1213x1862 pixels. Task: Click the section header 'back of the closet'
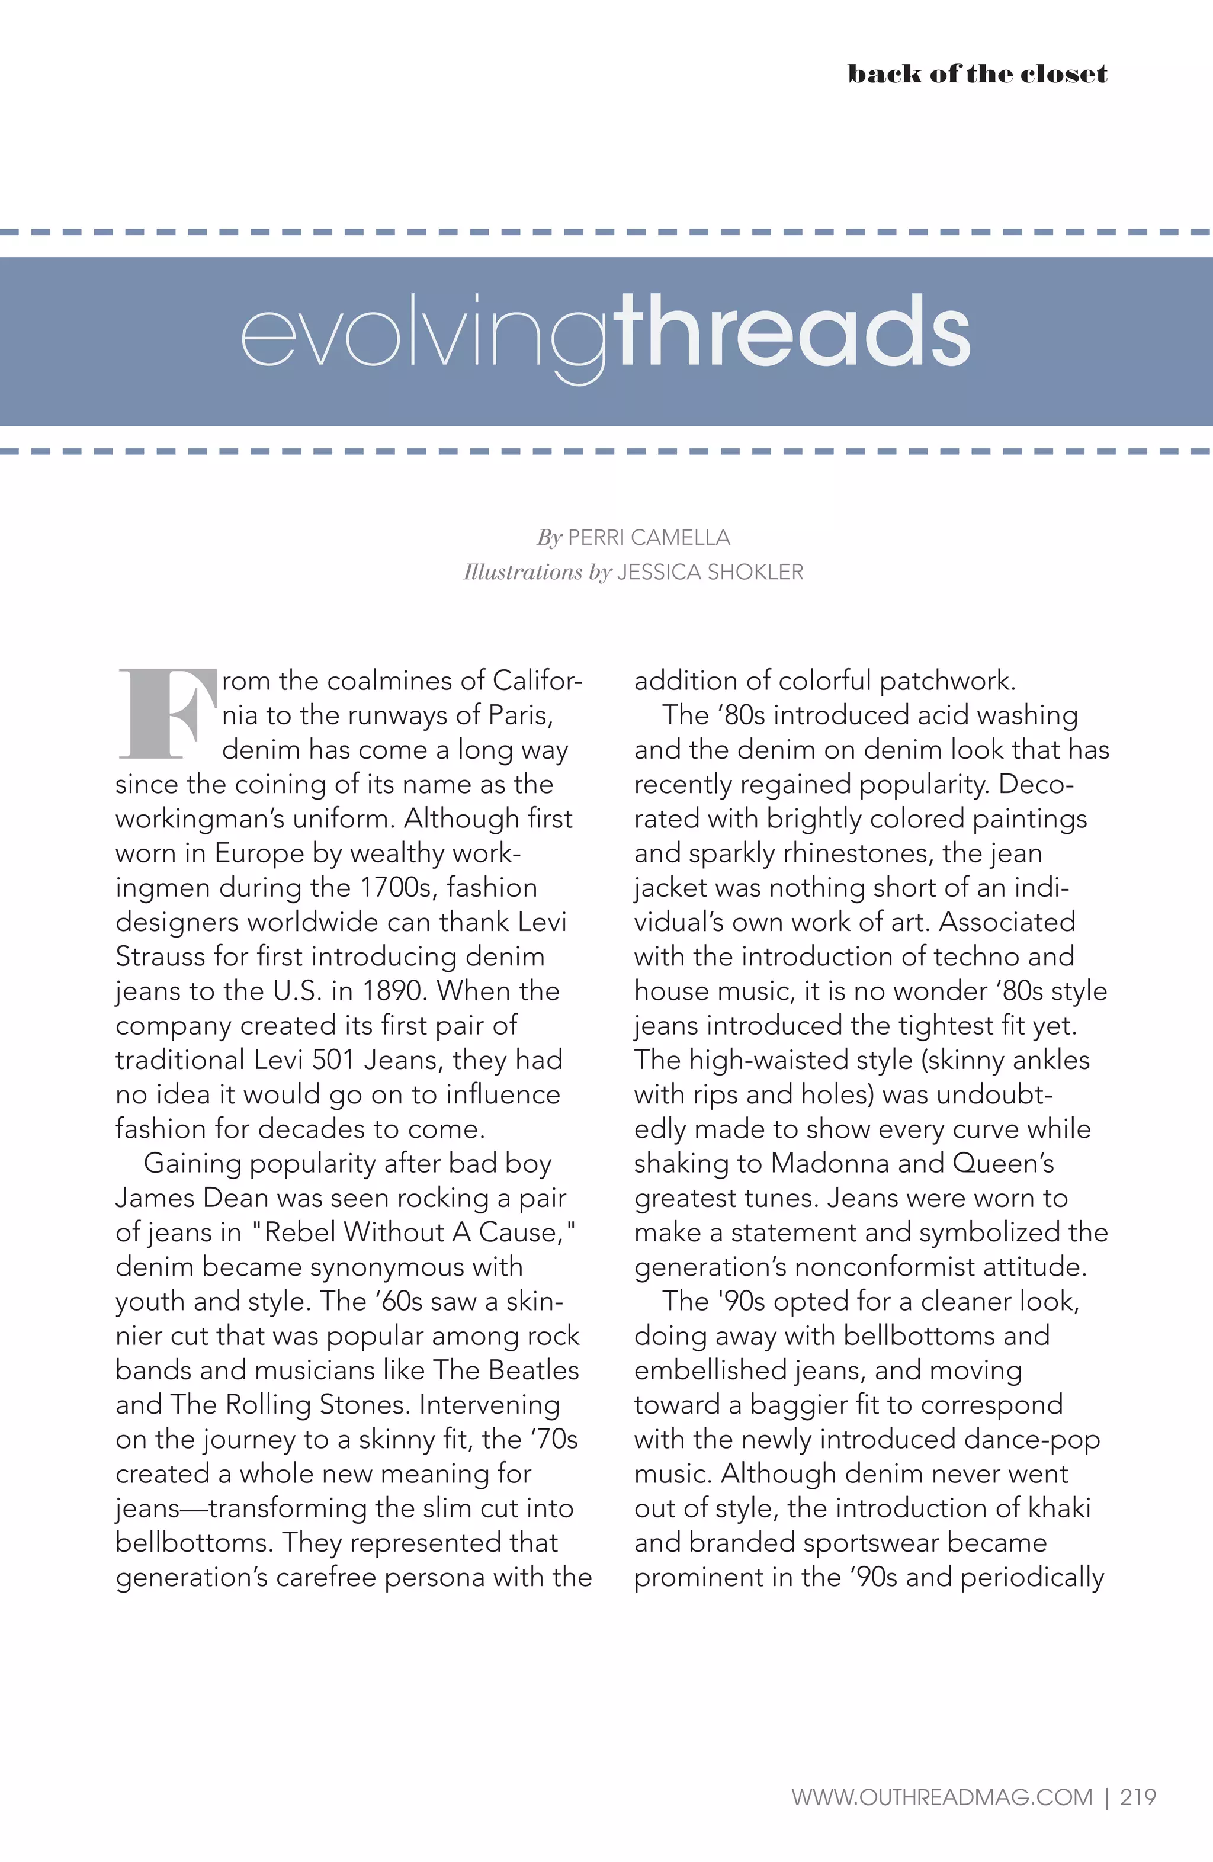tap(977, 74)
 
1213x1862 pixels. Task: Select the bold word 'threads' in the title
tap(791, 332)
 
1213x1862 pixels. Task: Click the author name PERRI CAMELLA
tap(648, 538)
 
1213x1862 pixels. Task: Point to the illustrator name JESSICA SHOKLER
tap(710, 572)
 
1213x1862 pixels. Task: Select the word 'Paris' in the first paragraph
tap(519, 715)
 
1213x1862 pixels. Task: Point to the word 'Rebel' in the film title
tap(299, 1232)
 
